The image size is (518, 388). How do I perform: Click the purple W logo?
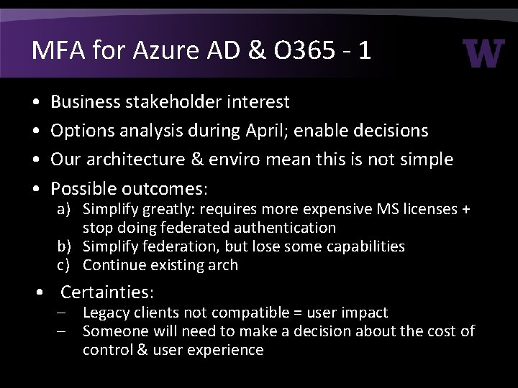pyautogui.click(x=483, y=52)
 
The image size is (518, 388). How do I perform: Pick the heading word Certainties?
pyautogui.click(x=107, y=292)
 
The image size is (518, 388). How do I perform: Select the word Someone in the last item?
pyautogui.click(x=112, y=331)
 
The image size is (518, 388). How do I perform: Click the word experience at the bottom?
pyautogui.click(x=227, y=350)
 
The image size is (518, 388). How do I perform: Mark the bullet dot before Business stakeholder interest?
pyautogui.click(x=37, y=103)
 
